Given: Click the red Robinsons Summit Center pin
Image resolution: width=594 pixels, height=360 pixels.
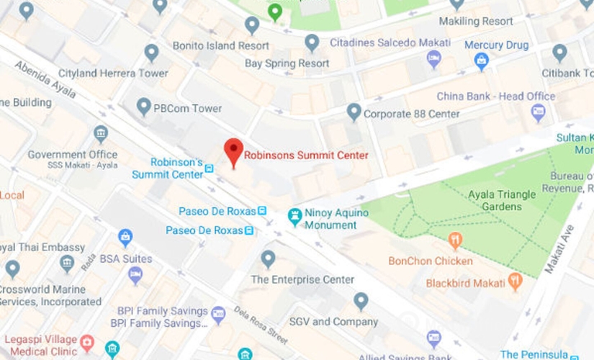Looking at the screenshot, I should [x=233, y=151].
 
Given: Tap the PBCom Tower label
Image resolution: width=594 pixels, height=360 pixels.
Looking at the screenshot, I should [x=187, y=109].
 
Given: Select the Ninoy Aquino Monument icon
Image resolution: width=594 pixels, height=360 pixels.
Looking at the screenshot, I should [x=294, y=215].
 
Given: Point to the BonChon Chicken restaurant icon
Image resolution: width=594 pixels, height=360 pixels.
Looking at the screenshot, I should [x=455, y=240].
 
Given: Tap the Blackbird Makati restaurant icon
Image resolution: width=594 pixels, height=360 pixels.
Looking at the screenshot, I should [x=515, y=282].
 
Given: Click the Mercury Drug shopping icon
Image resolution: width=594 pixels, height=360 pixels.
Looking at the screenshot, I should [x=482, y=61].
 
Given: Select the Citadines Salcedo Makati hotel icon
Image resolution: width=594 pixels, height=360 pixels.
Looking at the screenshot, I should [x=433, y=59].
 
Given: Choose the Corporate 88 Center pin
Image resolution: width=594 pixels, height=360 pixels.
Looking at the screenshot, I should [x=354, y=112].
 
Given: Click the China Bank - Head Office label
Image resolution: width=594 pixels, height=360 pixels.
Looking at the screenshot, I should [x=495, y=96].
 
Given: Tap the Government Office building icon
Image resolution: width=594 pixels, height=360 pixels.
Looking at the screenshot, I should [x=101, y=135].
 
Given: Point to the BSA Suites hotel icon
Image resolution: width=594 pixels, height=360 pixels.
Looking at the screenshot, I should [x=135, y=274].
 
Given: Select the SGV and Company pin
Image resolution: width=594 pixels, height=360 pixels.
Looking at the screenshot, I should [x=361, y=301].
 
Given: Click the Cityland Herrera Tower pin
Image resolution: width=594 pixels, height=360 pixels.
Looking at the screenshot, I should [x=151, y=52].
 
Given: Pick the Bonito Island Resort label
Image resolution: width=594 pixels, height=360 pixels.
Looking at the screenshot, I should [x=220, y=45].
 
